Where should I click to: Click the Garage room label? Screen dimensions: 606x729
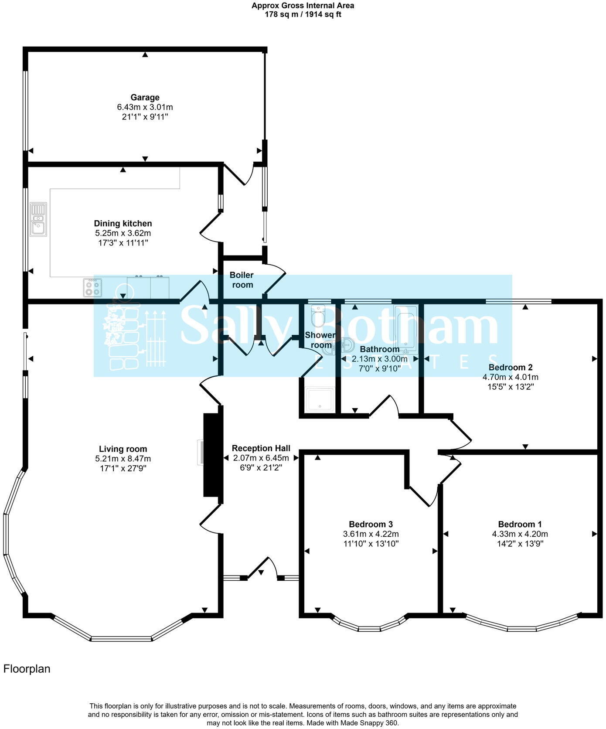(x=145, y=98)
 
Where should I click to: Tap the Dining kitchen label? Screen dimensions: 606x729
(x=123, y=224)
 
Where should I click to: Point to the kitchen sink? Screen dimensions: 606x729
(x=38, y=219)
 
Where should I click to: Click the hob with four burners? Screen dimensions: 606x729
(x=92, y=288)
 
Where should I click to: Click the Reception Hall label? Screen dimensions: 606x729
(x=261, y=448)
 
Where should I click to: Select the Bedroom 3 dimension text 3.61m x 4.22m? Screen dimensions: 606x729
(x=371, y=534)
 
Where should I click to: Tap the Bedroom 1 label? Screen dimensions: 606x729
(x=520, y=525)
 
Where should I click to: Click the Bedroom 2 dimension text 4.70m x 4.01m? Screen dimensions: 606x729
(x=511, y=377)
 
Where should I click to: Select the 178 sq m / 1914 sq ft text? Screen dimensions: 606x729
(x=303, y=14)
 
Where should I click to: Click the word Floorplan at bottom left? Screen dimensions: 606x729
(x=27, y=669)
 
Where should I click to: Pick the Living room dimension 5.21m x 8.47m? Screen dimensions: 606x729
(x=123, y=459)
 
